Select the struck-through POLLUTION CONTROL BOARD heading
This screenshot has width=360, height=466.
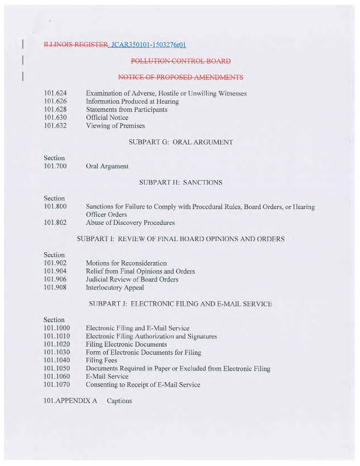(181, 61)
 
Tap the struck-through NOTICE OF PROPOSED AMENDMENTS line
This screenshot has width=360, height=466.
(181, 77)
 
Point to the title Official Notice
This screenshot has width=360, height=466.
(107, 118)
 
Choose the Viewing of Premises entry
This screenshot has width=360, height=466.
(115, 126)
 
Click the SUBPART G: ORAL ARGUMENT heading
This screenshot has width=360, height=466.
(181, 142)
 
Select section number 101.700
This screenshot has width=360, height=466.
(55, 167)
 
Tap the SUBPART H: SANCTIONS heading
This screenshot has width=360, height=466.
(181, 183)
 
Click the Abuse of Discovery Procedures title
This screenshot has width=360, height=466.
(130, 223)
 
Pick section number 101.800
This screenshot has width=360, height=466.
(55, 207)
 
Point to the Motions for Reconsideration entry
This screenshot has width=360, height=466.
(126, 263)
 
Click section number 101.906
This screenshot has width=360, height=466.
(55, 280)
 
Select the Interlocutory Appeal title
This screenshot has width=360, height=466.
(115, 288)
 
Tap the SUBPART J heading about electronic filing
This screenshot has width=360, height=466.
(181, 304)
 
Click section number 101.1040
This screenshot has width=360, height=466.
(57, 361)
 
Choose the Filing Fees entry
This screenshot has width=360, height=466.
(101, 361)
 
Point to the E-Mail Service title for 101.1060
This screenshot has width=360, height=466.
(107, 376)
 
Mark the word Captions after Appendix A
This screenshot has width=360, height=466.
(119, 401)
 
